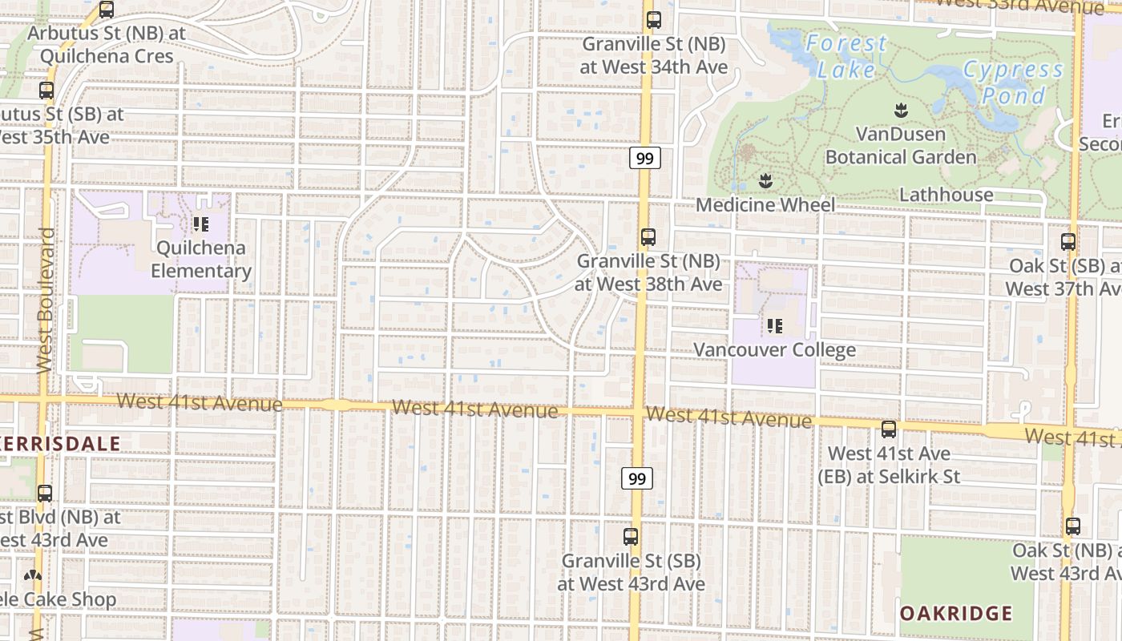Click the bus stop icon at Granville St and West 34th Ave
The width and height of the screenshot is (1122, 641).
coord(653,20)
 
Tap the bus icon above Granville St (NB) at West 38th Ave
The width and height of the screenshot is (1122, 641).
coord(648,237)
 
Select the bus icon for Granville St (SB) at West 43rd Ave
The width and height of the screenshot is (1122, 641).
coord(631,537)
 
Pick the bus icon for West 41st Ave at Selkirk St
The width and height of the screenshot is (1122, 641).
coord(888,429)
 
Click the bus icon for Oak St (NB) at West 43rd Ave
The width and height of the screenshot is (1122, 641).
coord(1072,526)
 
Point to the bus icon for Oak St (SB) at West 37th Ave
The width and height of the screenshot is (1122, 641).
coord(1068,241)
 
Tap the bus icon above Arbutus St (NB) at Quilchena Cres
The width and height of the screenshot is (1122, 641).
coord(106,10)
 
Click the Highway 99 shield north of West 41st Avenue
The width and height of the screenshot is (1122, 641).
coord(644,158)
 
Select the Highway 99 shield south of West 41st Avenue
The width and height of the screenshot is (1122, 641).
coord(636,478)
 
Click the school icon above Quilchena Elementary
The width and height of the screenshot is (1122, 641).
coord(200,224)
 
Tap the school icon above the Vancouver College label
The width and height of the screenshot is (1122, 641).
coord(774,326)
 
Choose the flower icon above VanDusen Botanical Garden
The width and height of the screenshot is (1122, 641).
coord(901,110)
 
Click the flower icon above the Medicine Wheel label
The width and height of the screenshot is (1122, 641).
coord(765,181)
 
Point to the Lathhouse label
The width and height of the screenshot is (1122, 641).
coord(946,195)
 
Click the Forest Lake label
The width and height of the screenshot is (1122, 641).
coord(846,56)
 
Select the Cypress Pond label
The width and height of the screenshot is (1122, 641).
coord(1013,83)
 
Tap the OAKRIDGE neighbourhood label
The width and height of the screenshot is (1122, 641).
coord(955,614)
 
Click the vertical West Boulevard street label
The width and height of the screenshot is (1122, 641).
coord(45,300)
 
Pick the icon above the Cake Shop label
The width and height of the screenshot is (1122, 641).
coord(32,575)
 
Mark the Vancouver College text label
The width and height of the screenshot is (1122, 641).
coord(774,350)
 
